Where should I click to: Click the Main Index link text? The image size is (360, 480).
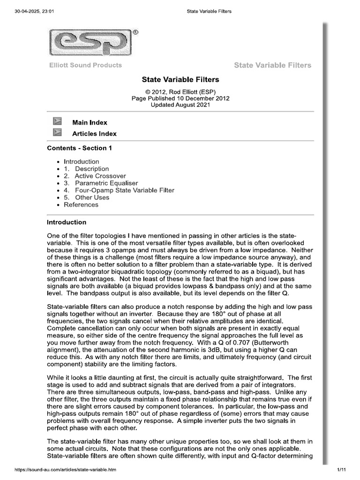[x=90, y=122]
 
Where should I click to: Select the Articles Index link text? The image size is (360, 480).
[x=94, y=134]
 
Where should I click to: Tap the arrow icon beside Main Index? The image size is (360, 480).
[x=57, y=122]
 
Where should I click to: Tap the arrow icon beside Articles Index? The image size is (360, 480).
[x=57, y=133]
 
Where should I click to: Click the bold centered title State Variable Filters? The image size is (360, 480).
[x=180, y=80]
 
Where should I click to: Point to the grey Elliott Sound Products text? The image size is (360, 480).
[x=85, y=65]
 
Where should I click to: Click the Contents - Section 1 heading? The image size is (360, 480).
[x=79, y=148]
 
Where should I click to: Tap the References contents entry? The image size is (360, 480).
[x=81, y=204]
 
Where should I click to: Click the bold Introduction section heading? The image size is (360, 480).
[x=67, y=222]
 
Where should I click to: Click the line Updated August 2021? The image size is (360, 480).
[x=180, y=105]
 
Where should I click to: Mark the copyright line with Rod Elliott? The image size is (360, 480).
[x=180, y=92]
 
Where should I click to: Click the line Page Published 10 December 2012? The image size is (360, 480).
[x=180, y=98]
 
